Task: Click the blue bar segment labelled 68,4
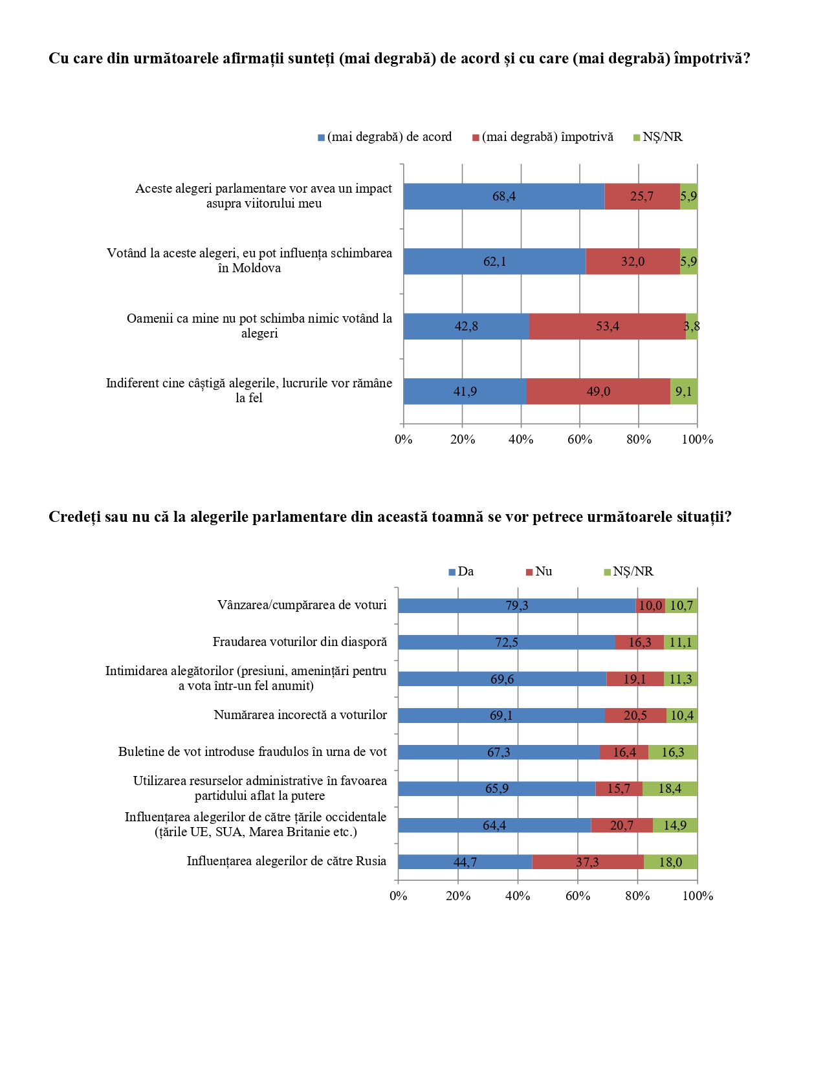[x=503, y=197]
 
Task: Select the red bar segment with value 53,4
[x=607, y=327]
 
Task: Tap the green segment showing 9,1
[x=683, y=392]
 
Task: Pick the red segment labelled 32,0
[x=632, y=262]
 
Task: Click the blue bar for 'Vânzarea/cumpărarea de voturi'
[x=516, y=606]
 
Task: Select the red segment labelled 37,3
[x=588, y=862]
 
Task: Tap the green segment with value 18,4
[x=670, y=789]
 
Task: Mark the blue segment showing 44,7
[x=465, y=862]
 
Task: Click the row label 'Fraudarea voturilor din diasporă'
[x=300, y=642]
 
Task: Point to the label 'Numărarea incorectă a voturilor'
[x=300, y=715]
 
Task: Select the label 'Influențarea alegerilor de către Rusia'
[x=287, y=861]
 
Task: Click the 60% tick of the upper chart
[x=580, y=440]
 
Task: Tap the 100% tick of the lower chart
[x=698, y=896]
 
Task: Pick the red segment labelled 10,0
[x=650, y=606]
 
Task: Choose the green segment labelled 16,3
[x=673, y=752]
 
